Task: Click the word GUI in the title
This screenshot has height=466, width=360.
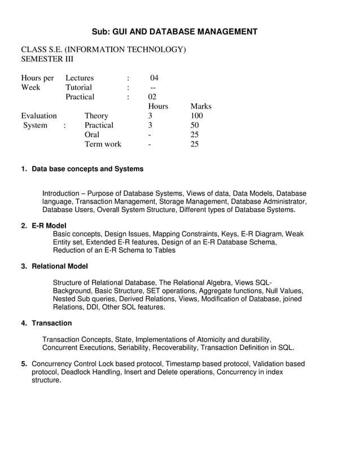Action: [121, 32]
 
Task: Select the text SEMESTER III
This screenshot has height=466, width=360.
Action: [47, 59]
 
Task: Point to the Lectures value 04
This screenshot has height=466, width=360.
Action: [155, 78]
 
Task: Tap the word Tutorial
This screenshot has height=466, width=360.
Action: [79, 87]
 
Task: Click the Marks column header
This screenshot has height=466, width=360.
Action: [201, 106]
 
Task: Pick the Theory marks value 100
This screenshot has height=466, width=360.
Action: [197, 116]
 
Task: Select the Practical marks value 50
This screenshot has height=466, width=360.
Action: [195, 125]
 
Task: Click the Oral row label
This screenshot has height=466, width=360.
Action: [92, 135]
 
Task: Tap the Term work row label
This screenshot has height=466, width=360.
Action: [103, 144]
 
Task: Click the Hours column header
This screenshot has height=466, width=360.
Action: [158, 106]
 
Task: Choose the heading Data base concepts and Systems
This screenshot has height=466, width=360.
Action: [87, 169]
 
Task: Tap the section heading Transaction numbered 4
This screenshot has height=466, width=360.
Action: [52, 323]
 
